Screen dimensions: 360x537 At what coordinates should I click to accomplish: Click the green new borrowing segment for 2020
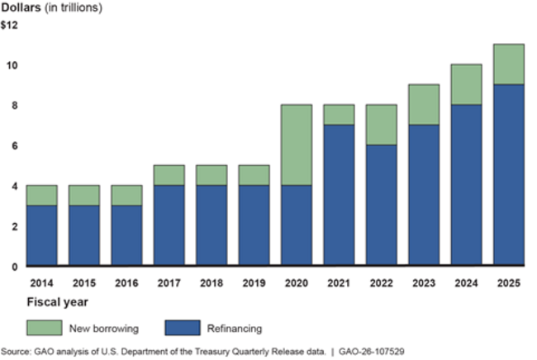point(295,144)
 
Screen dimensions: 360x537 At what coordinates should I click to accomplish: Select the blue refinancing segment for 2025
point(509,175)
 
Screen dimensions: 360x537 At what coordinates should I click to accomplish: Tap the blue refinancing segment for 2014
point(40,235)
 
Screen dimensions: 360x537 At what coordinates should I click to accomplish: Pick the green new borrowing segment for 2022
point(380,125)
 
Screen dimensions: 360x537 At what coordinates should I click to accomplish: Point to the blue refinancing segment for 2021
point(338,195)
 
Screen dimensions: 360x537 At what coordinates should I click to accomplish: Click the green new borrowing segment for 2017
point(169,175)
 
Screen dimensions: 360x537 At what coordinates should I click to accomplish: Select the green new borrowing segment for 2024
point(466,84)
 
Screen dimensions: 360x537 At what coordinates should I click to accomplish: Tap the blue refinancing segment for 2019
point(253,225)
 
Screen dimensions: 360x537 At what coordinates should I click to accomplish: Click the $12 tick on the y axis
point(10,26)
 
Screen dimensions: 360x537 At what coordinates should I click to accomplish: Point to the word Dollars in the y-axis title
point(23,8)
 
